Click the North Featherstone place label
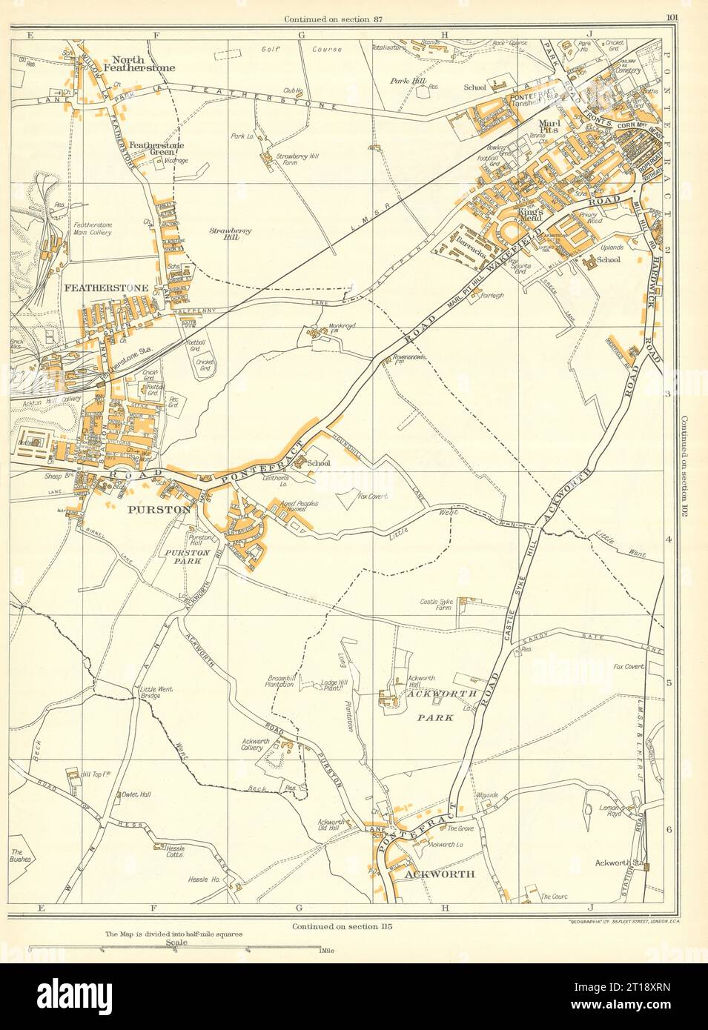tap(143, 62)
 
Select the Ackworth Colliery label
tap(256, 745)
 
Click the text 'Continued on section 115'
tap(341, 926)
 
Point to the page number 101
tap(672, 19)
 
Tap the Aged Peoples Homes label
tap(298, 507)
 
